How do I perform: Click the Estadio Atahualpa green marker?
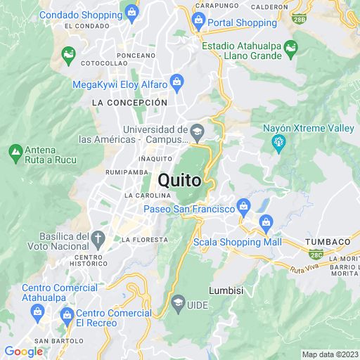click(290, 48)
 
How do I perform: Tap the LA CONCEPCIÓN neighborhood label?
click(130, 103)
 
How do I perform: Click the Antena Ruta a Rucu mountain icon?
click(15, 150)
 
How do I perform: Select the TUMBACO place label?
click(327, 242)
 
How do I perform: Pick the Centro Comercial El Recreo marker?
click(67, 314)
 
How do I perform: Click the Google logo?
click(23, 352)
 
